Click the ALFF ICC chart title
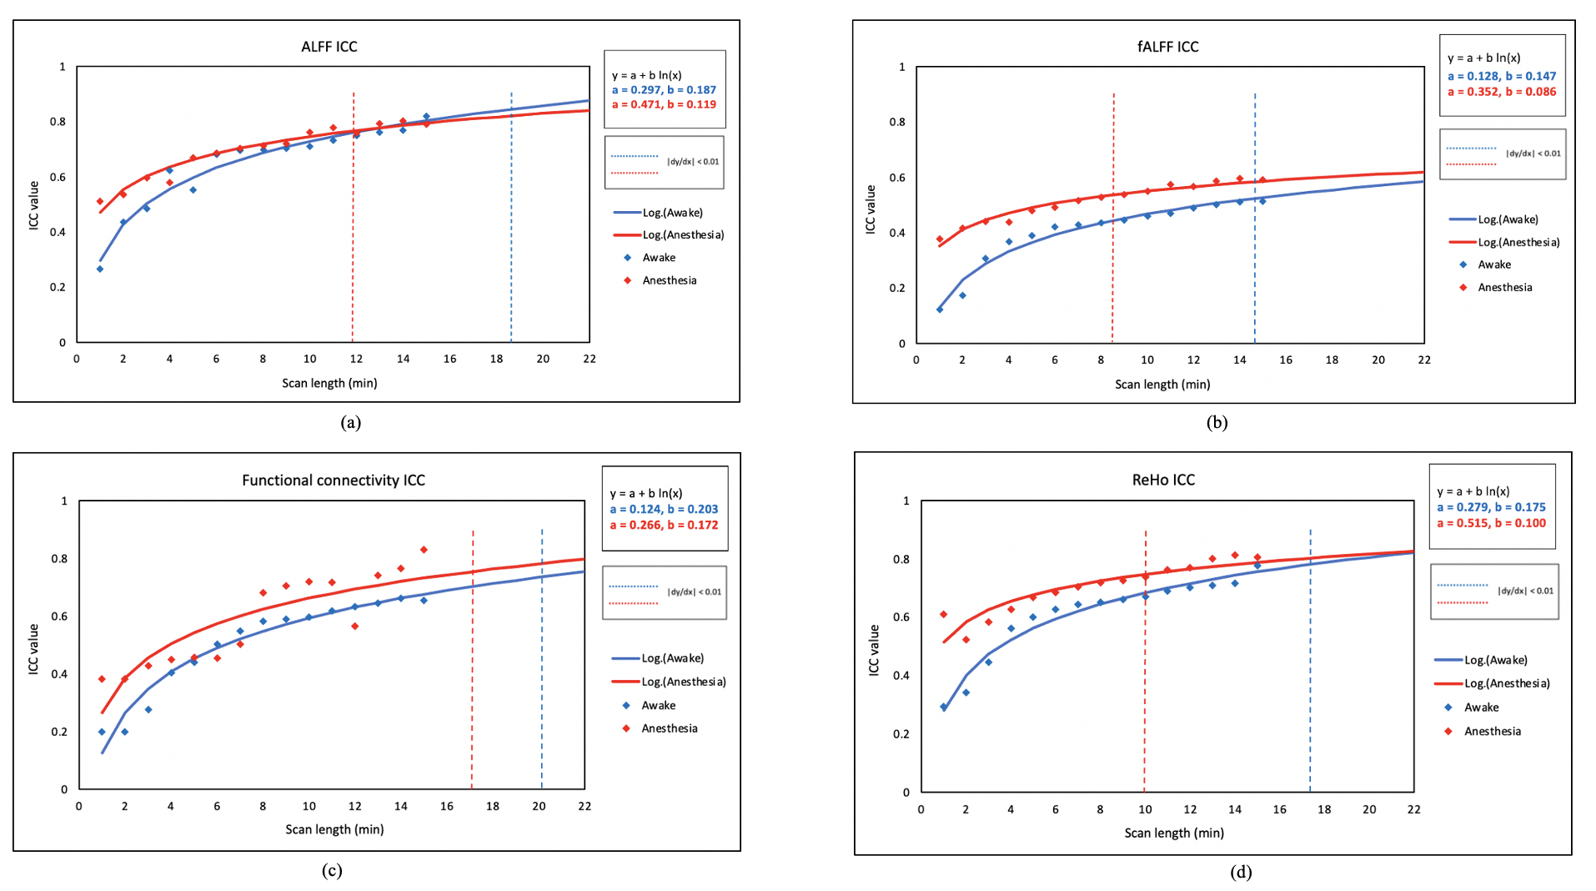(329, 47)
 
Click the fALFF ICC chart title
(1167, 47)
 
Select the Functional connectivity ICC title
(333, 481)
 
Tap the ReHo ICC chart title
(1162, 480)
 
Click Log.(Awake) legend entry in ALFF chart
(671, 213)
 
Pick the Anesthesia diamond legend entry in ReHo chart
(1492, 732)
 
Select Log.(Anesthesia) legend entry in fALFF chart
(1518, 243)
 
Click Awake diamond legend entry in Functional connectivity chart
(658, 706)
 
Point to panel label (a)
(351, 422)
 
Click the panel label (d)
(1240, 872)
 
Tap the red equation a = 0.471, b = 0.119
(664, 104)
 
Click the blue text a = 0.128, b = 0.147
(1501, 76)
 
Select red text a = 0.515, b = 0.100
(1491, 523)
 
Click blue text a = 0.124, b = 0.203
(664, 509)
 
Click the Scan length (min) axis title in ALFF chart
(329, 383)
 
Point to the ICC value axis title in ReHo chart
(873, 650)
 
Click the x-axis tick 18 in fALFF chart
(1332, 360)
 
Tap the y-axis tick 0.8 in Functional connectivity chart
(59, 559)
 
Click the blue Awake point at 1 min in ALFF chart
(100, 269)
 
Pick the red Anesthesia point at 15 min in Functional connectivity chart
(424, 550)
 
